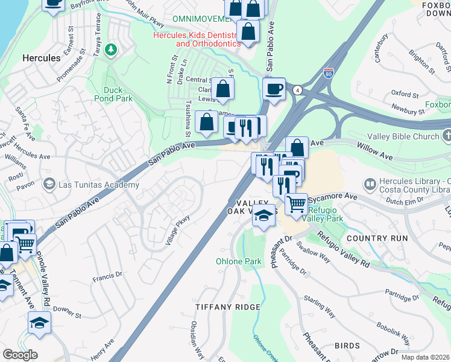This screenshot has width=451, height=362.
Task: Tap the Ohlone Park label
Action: point(239,262)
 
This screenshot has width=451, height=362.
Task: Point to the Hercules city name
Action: point(41,58)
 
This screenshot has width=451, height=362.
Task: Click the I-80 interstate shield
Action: point(329,74)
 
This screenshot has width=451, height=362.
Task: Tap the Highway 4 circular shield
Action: point(297,89)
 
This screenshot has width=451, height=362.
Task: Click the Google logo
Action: point(20,355)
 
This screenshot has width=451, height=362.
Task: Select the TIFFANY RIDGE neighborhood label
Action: point(228,307)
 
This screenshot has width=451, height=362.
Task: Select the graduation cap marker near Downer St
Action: point(39,322)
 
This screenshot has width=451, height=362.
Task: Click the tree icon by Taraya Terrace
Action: point(110,49)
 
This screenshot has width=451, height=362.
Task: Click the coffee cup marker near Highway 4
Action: point(274,89)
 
